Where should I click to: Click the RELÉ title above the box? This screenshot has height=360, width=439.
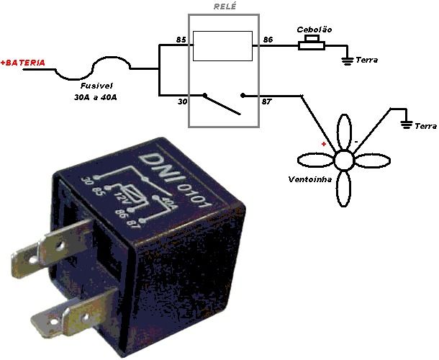click(x=225, y=6)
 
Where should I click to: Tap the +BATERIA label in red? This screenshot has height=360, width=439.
click(x=23, y=63)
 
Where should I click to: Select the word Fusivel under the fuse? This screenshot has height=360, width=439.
click(x=96, y=86)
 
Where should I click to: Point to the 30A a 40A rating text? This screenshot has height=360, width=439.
click(x=96, y=97)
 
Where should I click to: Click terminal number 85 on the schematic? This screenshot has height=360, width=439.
click(x=181, y=40)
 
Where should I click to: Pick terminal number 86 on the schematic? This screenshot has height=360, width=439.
click(x=268, y=40)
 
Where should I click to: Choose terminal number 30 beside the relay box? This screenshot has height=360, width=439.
click(x=182, y=102)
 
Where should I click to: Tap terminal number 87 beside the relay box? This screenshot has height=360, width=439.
click(x=266, y=102)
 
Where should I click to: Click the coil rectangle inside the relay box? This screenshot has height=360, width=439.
click(x=222, y=32)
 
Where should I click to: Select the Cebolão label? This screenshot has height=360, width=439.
click(x=314, y=30)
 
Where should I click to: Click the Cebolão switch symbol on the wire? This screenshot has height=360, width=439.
click(x=312, y=43)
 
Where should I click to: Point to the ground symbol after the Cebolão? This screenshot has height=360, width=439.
click(x=348, y=60)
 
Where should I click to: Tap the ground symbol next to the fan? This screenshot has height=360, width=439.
click(x=407, y=125)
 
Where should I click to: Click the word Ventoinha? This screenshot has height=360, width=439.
click(x=310, y=179)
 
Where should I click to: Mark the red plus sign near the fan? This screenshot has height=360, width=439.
click(x=324, y=144)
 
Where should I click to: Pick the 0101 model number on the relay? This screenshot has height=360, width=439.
click(x=194, y=196)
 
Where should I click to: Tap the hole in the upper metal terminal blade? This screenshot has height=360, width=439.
click(x=60, y=246)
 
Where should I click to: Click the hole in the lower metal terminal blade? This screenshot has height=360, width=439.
click(x=85, y=317)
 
